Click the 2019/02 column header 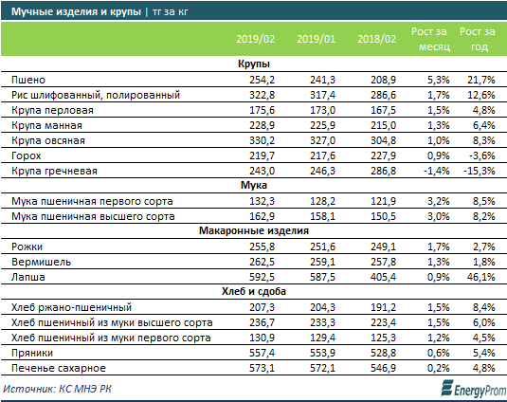coord(255,39)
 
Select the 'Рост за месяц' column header coord(430,39)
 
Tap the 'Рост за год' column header coord(478,39)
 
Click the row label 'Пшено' coord(28,80)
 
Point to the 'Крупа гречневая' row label coord(54,171)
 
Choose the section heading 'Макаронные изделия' coord(254,230)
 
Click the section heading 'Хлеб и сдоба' coord(254,291)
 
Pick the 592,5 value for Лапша coord(262,277)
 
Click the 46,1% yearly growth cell coord(480,277)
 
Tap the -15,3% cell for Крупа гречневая coord(479,171)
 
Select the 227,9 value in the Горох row coord(383,155)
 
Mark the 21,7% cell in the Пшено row coord(480,80)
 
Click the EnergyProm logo coord(474,389)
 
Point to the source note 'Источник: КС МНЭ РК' coord(58,389)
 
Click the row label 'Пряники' coord(32,353)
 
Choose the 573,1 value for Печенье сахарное coord(262,368)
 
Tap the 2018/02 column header coord(376,39)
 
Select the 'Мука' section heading coord(254,185)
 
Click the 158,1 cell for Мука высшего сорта coord(323,216)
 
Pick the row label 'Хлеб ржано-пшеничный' coord(71,307)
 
